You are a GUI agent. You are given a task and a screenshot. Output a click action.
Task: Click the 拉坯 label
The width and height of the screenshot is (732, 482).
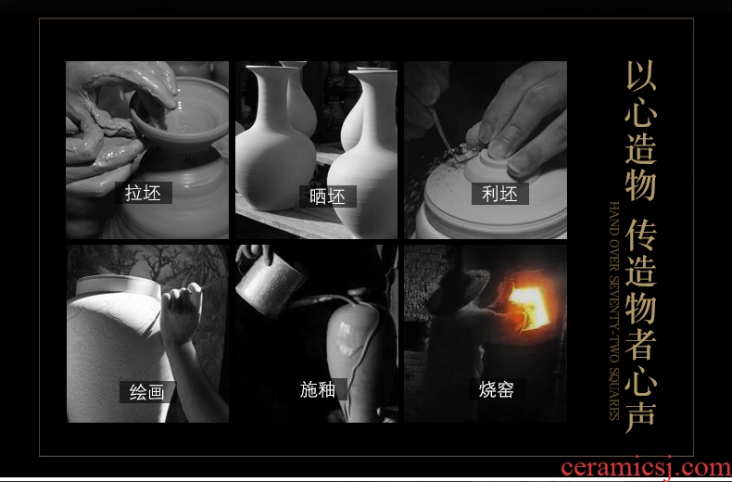pyautogui.click(x=144, y=193)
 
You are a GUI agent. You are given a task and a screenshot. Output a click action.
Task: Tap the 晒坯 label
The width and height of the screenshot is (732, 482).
pyautogui.click(x=327, y=197)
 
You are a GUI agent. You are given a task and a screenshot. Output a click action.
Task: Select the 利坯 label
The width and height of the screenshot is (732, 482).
pyautogui.click(x=499, y=194)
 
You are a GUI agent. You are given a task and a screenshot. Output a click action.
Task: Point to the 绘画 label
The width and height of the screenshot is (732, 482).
pyautogui.click(x=147, y=392)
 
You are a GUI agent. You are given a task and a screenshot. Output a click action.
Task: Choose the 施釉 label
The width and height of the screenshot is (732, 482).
pyautogui.click(x=318, y=389)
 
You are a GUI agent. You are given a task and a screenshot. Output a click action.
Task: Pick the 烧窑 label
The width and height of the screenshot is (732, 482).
pyautogui.click(x=497, y=389)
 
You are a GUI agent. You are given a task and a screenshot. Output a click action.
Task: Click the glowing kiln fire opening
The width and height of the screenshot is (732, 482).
pyautogui.click(x=530, y=306)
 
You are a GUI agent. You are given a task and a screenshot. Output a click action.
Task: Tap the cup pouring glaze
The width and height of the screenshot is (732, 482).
pyautogui.click(x=270, y=284)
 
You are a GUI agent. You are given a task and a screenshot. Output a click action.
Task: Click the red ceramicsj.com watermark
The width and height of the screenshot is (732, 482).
pyautogui.click(x=646, y=468)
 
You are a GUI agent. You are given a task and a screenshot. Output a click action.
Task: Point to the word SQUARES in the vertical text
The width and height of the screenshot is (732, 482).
pyautogui.click(x=615, y=400)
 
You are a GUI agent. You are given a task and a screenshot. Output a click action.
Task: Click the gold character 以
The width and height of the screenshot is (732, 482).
pyautogui.click(x=641, y=75)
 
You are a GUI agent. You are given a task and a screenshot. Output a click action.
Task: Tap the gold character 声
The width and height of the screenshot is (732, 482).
pyautogui.click(x=641, y=415)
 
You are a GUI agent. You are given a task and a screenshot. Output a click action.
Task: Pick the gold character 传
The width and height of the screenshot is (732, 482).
pyautogui.click(x=641, y=234)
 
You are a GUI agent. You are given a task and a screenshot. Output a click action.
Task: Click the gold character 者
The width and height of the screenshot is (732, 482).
pyautogui.click(x=641, y=343)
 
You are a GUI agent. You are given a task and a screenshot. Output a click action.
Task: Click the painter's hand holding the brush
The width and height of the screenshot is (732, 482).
pyautogui.click(x=181, y=311)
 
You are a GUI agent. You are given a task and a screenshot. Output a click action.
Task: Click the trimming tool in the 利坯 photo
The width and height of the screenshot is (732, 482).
pyautogui.click(x=441, y=129)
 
